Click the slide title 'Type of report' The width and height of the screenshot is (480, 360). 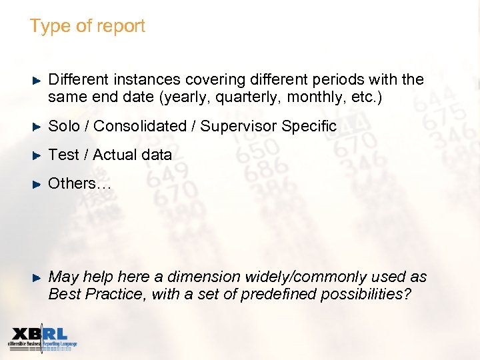tap(87, 27)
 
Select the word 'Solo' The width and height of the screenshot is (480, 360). tap(63, 126)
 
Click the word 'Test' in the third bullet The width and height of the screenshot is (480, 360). tap(63, 155)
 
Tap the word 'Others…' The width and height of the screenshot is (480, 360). tap(79, 183)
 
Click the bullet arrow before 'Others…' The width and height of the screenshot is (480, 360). tap(37, 183)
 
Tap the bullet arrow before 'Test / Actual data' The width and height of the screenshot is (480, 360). tap(37, 155)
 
